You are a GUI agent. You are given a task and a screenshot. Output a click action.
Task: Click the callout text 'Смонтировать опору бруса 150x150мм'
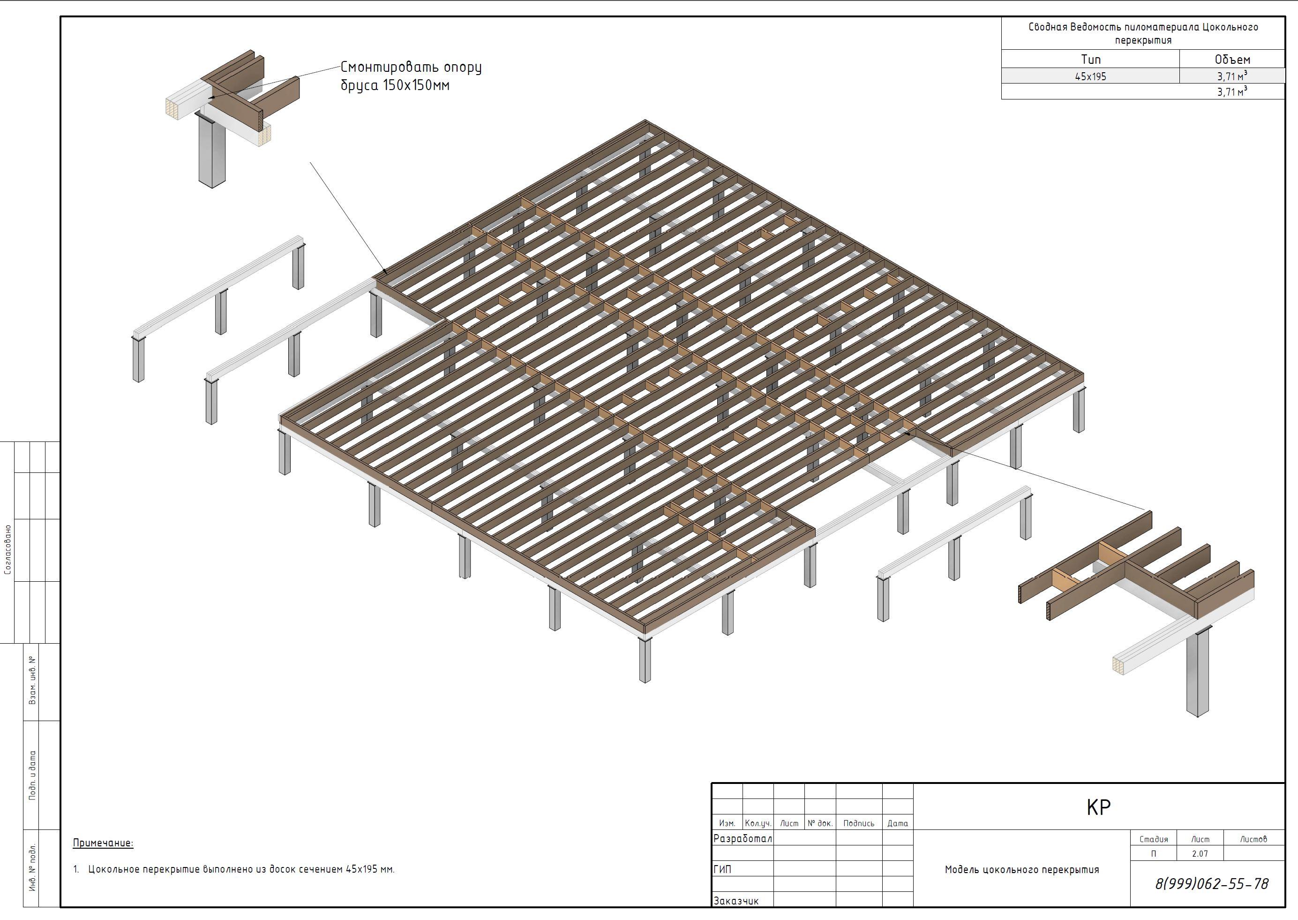tap(411, 76)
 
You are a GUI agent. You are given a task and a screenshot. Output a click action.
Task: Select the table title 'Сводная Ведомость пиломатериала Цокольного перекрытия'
tap(1143, 33)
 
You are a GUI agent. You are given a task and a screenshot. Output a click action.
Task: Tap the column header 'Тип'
tap(1091, 60)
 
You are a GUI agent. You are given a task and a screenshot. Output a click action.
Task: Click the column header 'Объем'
tap(1232, 60)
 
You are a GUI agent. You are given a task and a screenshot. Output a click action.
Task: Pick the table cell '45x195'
tap(1090, 76)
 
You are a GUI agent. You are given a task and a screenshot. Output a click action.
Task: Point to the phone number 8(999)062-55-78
tap(1212, 884)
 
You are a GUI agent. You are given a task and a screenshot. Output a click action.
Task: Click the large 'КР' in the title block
tap(1099, 807)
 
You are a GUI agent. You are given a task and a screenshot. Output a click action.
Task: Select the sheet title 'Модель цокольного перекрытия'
tap(1022, 870)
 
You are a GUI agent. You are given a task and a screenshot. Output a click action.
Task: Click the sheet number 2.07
tap(1200, 854)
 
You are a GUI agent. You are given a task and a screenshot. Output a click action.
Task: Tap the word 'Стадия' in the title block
tap(1154, 839)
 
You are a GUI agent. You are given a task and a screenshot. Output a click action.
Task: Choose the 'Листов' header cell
tap(1253, 839)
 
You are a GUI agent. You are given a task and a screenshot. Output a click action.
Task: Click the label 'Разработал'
tap(743, 838)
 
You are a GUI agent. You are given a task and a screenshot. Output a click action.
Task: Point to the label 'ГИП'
tap(722, 869)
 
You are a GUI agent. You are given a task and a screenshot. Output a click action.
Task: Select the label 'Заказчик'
tap(736, 901)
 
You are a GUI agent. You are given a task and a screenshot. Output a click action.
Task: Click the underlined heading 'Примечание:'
tap(103, 843)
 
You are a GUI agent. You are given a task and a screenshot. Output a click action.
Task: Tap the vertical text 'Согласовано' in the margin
tap(8, 549)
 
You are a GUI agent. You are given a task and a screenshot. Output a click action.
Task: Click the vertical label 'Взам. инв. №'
tap(32, 680)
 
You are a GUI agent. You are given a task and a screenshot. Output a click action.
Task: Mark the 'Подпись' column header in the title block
tap(859, 823)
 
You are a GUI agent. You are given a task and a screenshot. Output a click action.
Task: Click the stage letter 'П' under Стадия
tap(1154, 854)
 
